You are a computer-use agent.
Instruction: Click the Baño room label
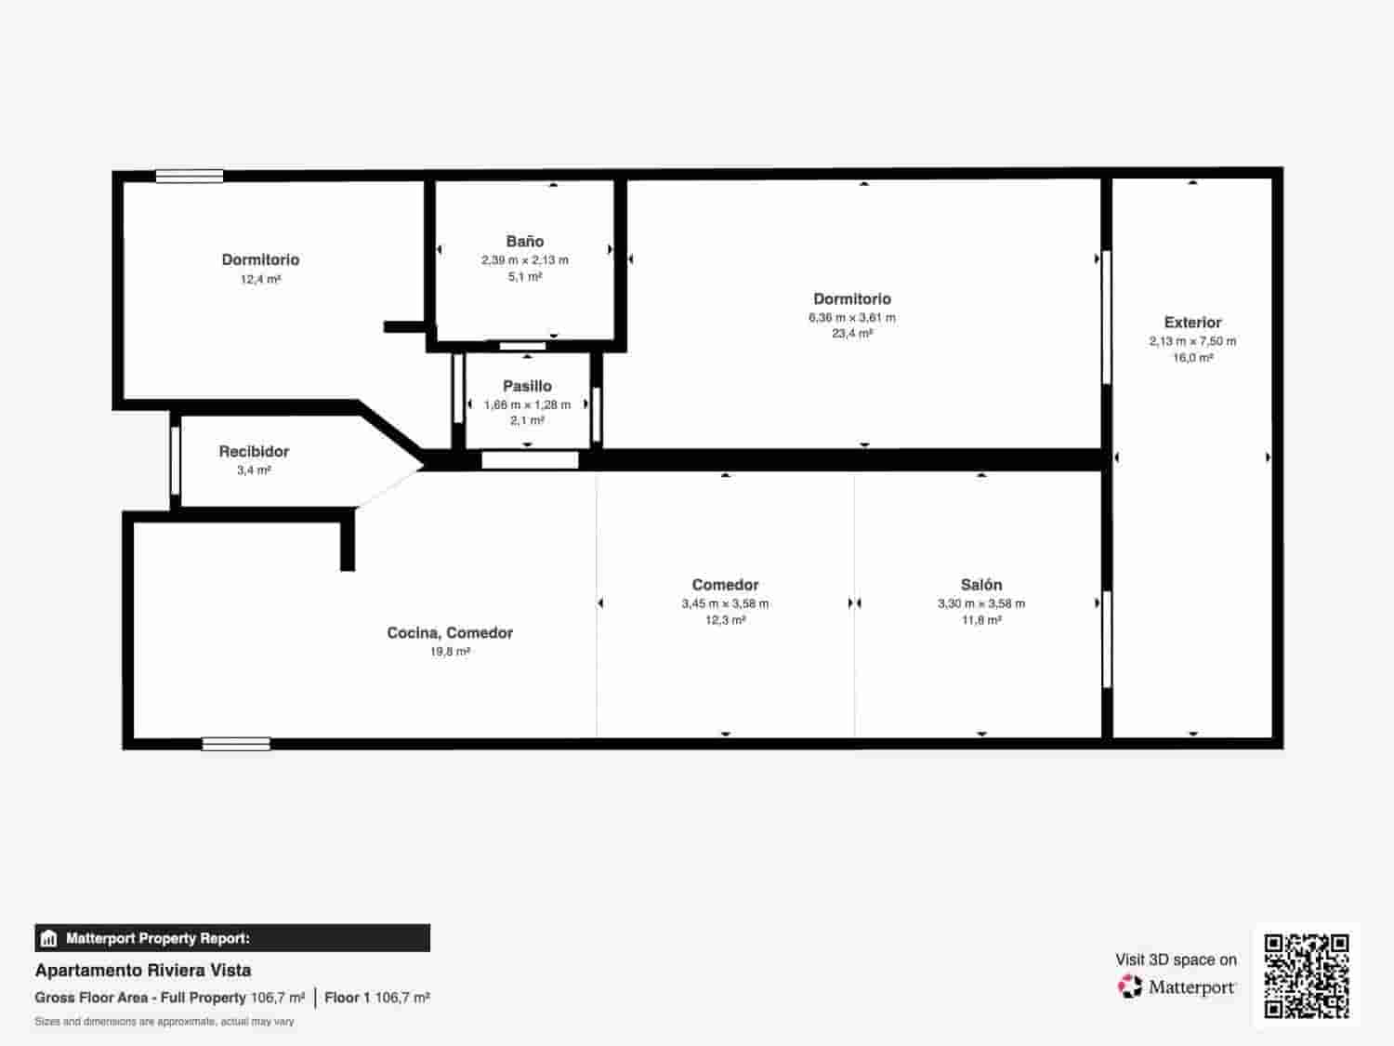pos(525,242)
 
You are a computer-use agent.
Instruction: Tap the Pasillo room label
pos(527,386)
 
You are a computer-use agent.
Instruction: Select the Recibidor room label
pos(254,452)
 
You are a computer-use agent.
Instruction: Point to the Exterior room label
pos(1192,323)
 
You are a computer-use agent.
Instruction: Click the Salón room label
pos(981,585)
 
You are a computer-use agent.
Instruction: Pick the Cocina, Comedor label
pos(450,633)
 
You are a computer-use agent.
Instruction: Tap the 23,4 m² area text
pos(852,334)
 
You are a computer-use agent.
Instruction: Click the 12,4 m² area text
pos(260,279)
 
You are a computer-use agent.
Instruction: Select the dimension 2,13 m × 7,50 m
pos(1192,341)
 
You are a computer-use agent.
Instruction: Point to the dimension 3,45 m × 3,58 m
pos(725,603)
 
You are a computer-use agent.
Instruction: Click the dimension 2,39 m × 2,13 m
pos(525,260)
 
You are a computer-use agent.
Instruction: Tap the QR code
pos(1307,975)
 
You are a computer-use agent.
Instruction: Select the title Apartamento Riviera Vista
pos(143,971)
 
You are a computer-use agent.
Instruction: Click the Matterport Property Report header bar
pos(232,938)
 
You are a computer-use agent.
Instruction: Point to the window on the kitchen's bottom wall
pos(236,744)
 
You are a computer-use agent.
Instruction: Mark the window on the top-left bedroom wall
pos(189,176)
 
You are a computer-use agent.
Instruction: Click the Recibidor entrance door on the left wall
pos(175,460)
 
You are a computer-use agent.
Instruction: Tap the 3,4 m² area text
pos(254,470)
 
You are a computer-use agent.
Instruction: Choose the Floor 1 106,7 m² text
pos(376,998)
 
